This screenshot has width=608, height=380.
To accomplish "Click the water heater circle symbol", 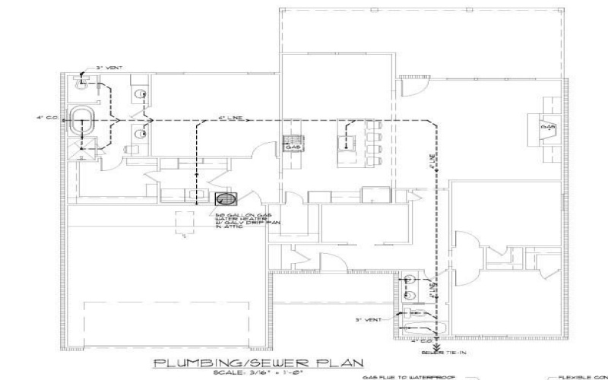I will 226,200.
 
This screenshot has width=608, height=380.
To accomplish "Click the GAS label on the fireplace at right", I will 546,127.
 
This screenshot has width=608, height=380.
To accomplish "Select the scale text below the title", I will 258,374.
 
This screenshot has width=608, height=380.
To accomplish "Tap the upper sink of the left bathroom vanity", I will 139,95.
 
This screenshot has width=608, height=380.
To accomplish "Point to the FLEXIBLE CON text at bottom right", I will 583,375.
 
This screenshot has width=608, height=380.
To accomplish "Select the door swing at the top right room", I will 411,88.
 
